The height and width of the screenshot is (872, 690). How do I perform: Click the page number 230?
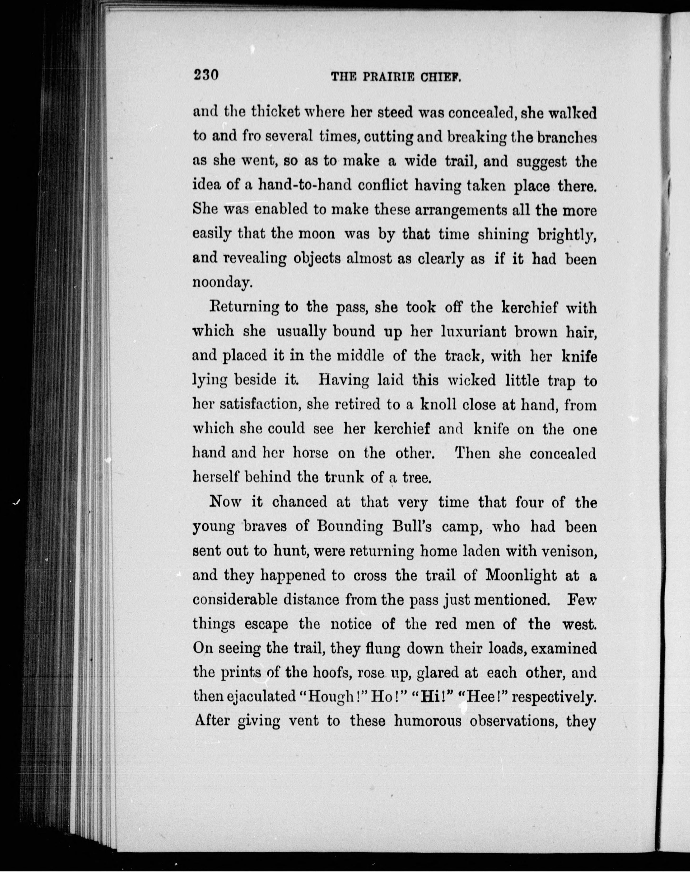click(206, 75)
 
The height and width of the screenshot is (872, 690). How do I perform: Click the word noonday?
click(222, 282)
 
